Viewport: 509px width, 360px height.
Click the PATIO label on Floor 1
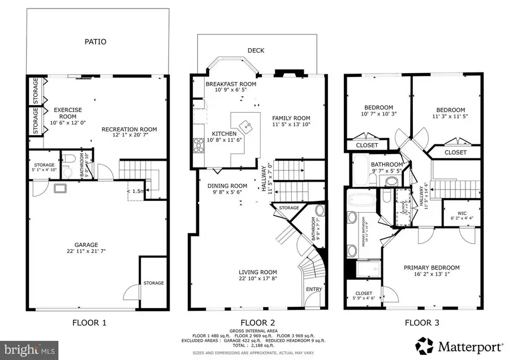(x=96, y=42)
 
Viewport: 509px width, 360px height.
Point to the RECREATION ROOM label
(x=129, y=130)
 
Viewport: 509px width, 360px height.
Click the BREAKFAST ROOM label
(x=231, y=84)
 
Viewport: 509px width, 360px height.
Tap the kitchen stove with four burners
(x=199, y=145)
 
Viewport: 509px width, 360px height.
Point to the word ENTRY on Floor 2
(x=314, y=290)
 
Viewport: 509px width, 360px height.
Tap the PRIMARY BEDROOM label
(x=431, y=268)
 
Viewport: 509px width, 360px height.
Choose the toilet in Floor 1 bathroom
(x=68, y=158)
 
